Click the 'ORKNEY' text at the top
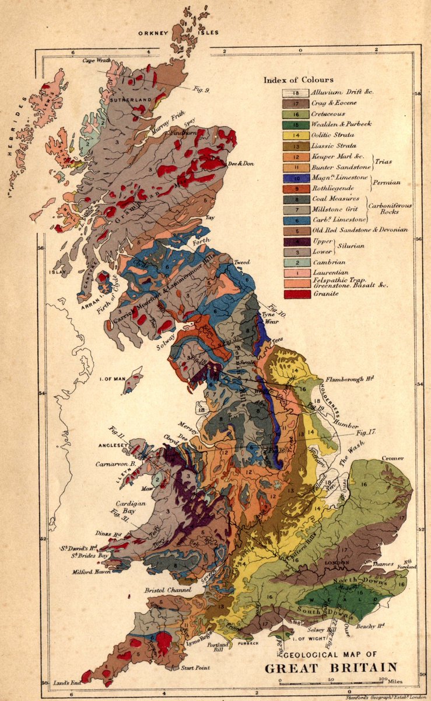(152, 33)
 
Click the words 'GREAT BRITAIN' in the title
(331, 667)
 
